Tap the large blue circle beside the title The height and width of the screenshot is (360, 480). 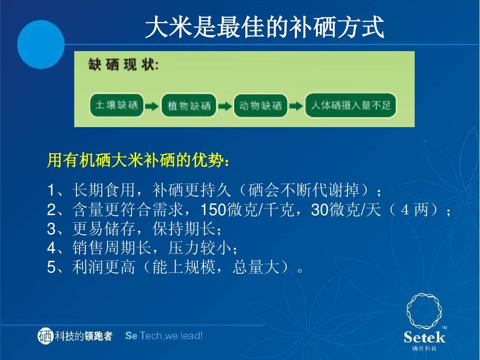click(x=41, y=44)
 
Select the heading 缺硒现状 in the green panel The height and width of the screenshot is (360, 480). click(x=124, y=65)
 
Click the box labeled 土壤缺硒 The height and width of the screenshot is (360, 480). click(x=116, y=105)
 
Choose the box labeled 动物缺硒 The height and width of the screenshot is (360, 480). click(x=260, y=106)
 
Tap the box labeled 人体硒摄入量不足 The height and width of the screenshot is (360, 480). click(x=351, y=105)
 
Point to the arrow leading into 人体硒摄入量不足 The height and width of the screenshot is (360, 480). click(x=296, y=106)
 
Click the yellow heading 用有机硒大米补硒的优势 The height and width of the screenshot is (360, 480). click(x=138, y=160)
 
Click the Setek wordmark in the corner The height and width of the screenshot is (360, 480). click(x=424, y=337)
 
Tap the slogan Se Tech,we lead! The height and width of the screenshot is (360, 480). click(x=164, y=336)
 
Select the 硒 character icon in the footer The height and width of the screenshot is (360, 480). click(x=45, y=336)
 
